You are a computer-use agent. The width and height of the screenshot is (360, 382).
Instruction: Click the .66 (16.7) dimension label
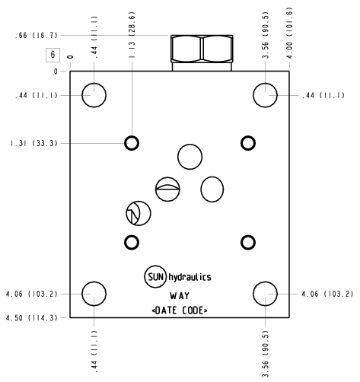[x=37, y=36]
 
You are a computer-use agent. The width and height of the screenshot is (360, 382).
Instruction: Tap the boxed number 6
[x=53, y=55]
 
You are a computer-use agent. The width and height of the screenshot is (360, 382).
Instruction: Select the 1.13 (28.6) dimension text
[x=132, y=35]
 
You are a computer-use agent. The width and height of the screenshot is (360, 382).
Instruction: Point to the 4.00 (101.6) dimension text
[x=289, y=33]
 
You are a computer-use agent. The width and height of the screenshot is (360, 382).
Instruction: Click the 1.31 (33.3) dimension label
[x=34, y=144]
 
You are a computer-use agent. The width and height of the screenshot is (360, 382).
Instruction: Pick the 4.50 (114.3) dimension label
[x=32, y=318]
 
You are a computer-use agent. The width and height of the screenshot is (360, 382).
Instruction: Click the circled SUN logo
[x=155, y=277]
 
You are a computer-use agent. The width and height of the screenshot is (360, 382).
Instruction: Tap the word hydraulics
[x=190, y=277]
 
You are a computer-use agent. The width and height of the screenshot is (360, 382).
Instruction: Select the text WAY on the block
[x=180, y=296]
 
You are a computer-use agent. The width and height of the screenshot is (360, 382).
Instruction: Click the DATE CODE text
[x=180, y=310]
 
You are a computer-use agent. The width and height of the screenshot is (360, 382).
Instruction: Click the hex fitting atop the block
[x=202, y=53]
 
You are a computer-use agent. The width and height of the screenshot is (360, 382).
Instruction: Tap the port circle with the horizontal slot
[x=167, y=189]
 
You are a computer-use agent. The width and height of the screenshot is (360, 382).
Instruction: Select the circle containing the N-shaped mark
[x=139, y=213]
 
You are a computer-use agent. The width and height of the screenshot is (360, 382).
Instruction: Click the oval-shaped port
[x=212, y=189]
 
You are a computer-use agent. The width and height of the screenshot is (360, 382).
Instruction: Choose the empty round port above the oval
[x=190, y=157]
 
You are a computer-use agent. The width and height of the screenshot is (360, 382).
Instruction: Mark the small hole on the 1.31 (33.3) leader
[x=132, y=143]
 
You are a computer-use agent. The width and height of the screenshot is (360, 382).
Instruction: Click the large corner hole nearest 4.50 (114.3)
[x=94, y=294]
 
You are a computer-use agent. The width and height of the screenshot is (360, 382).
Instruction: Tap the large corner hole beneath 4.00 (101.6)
[x=265, y=95]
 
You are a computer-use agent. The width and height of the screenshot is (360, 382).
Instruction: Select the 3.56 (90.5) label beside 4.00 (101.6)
[x=266, y=35]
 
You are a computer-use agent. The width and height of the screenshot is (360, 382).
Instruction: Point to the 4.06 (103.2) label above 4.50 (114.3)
[x=32, y=294]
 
